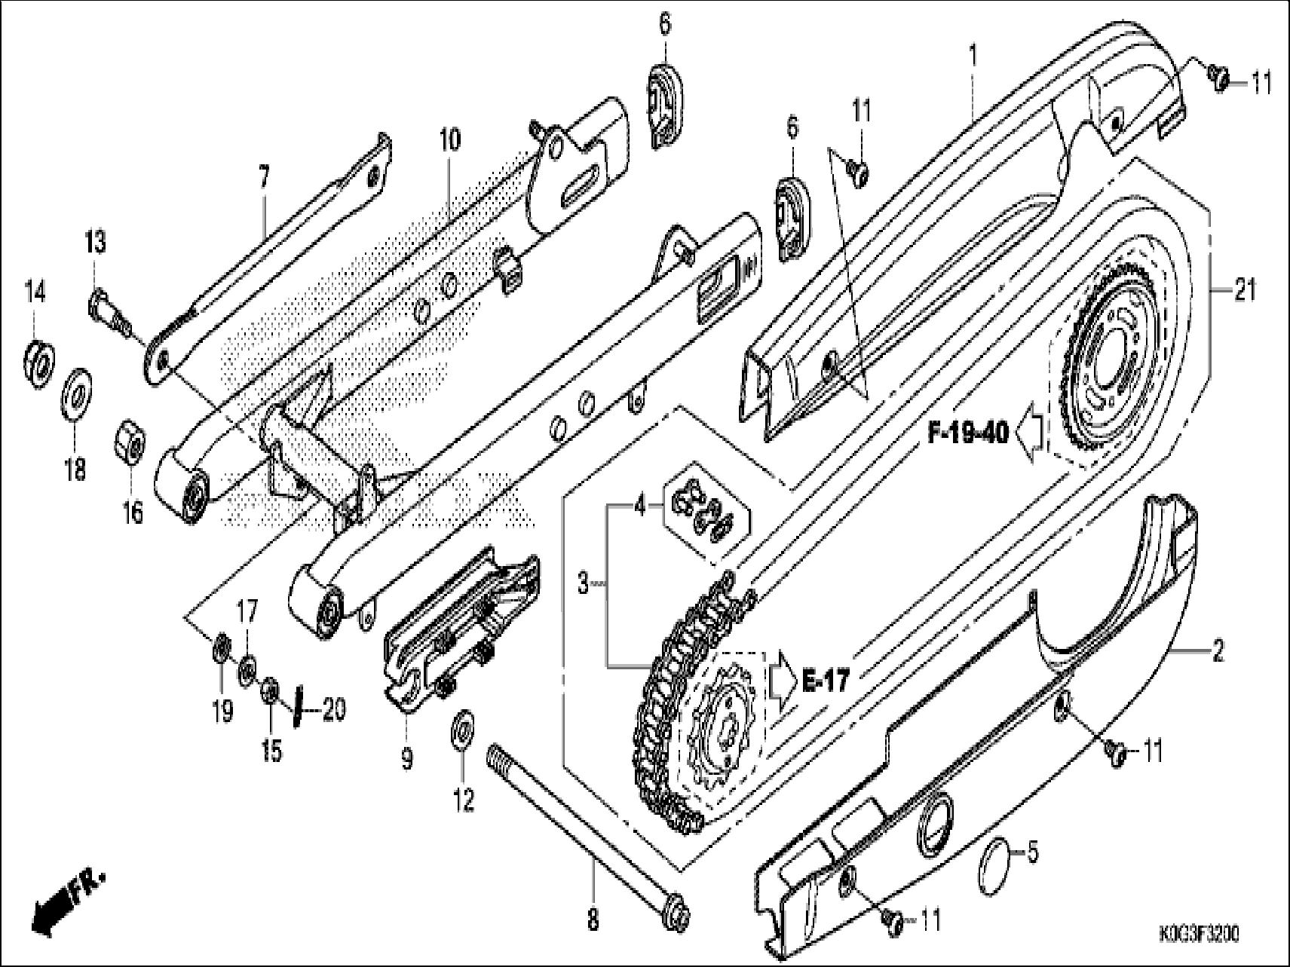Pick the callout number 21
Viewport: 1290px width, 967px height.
[1244, 290]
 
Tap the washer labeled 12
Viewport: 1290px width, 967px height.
[461, 729]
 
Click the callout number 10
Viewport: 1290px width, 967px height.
[449, 140]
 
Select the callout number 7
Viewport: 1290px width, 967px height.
[263, 179]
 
